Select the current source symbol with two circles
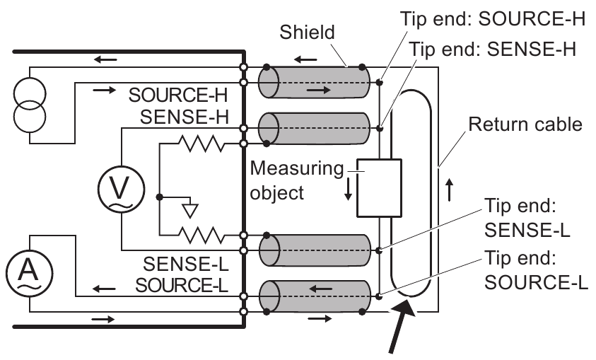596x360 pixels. pos(29,104)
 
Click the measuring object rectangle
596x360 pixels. pos(379,187)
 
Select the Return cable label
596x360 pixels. pos(525,125)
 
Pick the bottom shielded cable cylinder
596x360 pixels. pos(314,296)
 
